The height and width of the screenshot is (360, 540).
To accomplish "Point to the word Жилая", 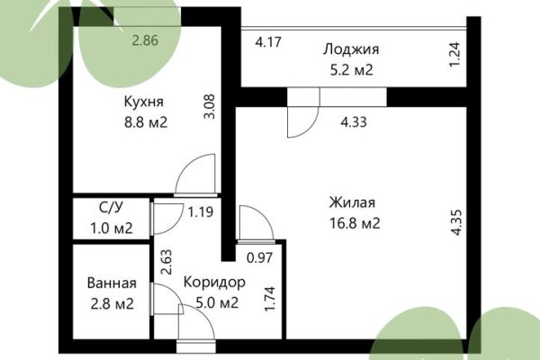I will click(352, 203).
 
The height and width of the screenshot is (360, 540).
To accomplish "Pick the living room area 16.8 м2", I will click(352, 222).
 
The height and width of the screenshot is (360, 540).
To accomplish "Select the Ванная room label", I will click(112, 283).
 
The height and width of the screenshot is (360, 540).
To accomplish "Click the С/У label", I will click(112, 208).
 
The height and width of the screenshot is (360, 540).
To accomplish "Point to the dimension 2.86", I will click(145, 40).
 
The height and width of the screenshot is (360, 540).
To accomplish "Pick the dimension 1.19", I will click(200, 213).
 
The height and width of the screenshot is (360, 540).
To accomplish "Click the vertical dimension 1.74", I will click(269, 298).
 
